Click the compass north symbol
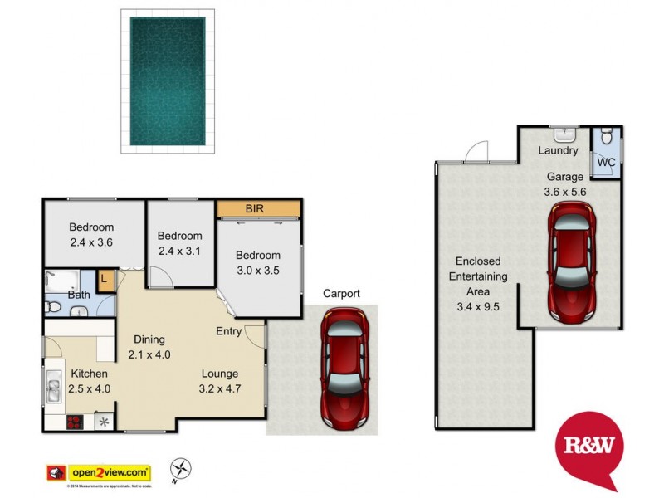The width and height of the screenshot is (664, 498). coord(181,469)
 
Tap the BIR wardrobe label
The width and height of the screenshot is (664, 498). coord(254,209)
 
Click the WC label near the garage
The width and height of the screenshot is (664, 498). coord(606,162)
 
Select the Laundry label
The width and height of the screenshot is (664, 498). coord(558,150)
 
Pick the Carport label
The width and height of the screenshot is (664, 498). coord(341,294)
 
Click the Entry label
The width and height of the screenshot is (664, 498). coord(229,331)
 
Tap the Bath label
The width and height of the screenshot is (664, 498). coord(79,295)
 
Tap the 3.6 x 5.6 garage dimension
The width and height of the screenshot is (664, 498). coord(564,192)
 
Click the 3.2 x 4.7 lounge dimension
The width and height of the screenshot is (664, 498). coord(219,388)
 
